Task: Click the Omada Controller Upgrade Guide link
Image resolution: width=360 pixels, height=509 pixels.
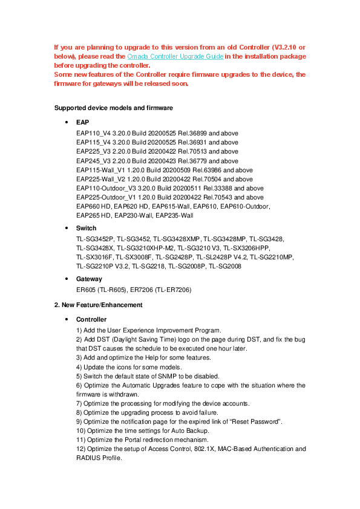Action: [175, 56]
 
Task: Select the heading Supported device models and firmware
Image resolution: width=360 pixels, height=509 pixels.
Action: [114, 108]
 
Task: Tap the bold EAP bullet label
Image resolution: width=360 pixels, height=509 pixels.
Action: [82, 122]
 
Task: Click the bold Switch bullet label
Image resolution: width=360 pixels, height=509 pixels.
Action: [86, 229]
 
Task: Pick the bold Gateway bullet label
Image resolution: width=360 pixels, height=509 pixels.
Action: [89, 279]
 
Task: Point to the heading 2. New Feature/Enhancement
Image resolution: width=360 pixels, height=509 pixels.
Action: [99, 305]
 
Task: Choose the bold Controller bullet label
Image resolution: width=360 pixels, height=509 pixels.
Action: [91, 319]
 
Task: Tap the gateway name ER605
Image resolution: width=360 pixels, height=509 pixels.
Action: [86, 290]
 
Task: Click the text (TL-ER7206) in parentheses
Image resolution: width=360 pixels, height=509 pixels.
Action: [175, 290]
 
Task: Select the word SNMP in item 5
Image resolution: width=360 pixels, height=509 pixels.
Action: [154, 376]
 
